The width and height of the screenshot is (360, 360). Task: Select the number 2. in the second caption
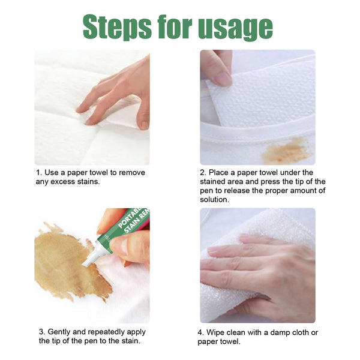[x=203, y=173]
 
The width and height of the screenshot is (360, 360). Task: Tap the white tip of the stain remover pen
[x=89, y=260]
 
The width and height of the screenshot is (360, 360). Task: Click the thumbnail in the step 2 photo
[x=221, y=79]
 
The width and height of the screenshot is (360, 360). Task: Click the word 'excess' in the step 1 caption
[x=63, y=182]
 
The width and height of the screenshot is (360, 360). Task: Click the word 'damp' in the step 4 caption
[x=277, y=332]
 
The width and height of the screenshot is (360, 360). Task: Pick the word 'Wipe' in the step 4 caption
[x=220, y=332]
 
